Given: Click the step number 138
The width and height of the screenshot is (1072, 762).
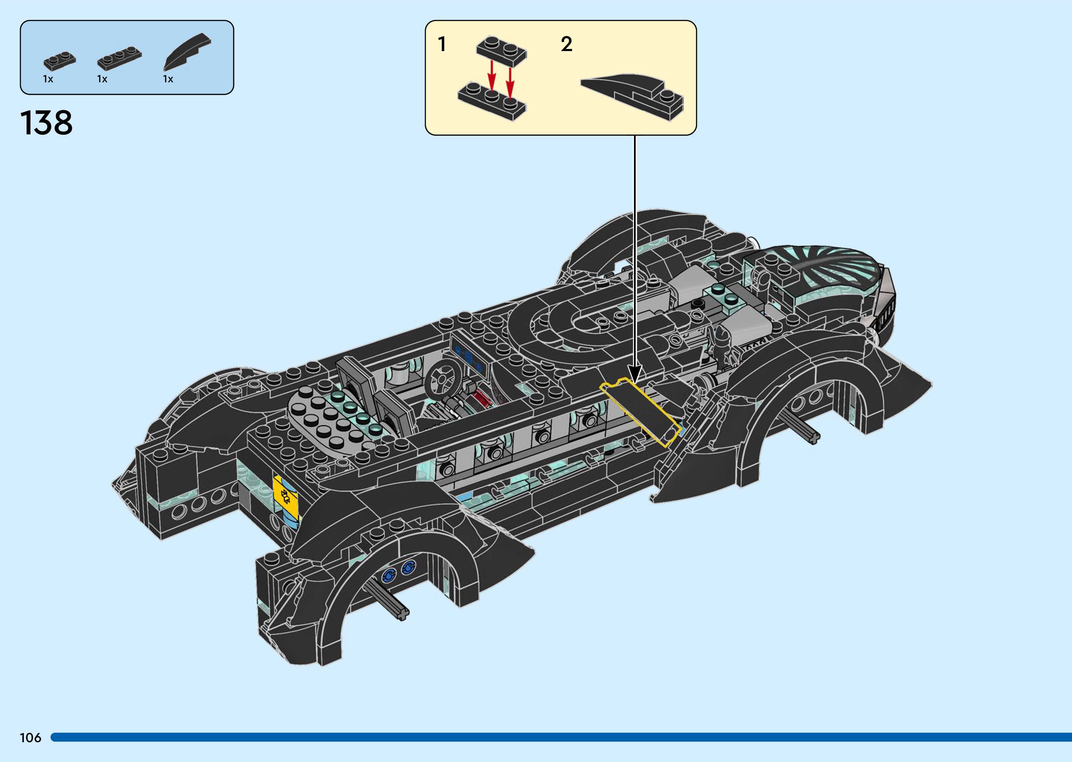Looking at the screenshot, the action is [46, 123].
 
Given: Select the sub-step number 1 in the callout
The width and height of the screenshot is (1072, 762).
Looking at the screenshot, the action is [442, 45].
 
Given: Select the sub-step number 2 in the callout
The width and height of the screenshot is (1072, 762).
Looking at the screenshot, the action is [566, 45].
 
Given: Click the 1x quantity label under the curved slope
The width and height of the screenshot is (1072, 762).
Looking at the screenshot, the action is [168, 79].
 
